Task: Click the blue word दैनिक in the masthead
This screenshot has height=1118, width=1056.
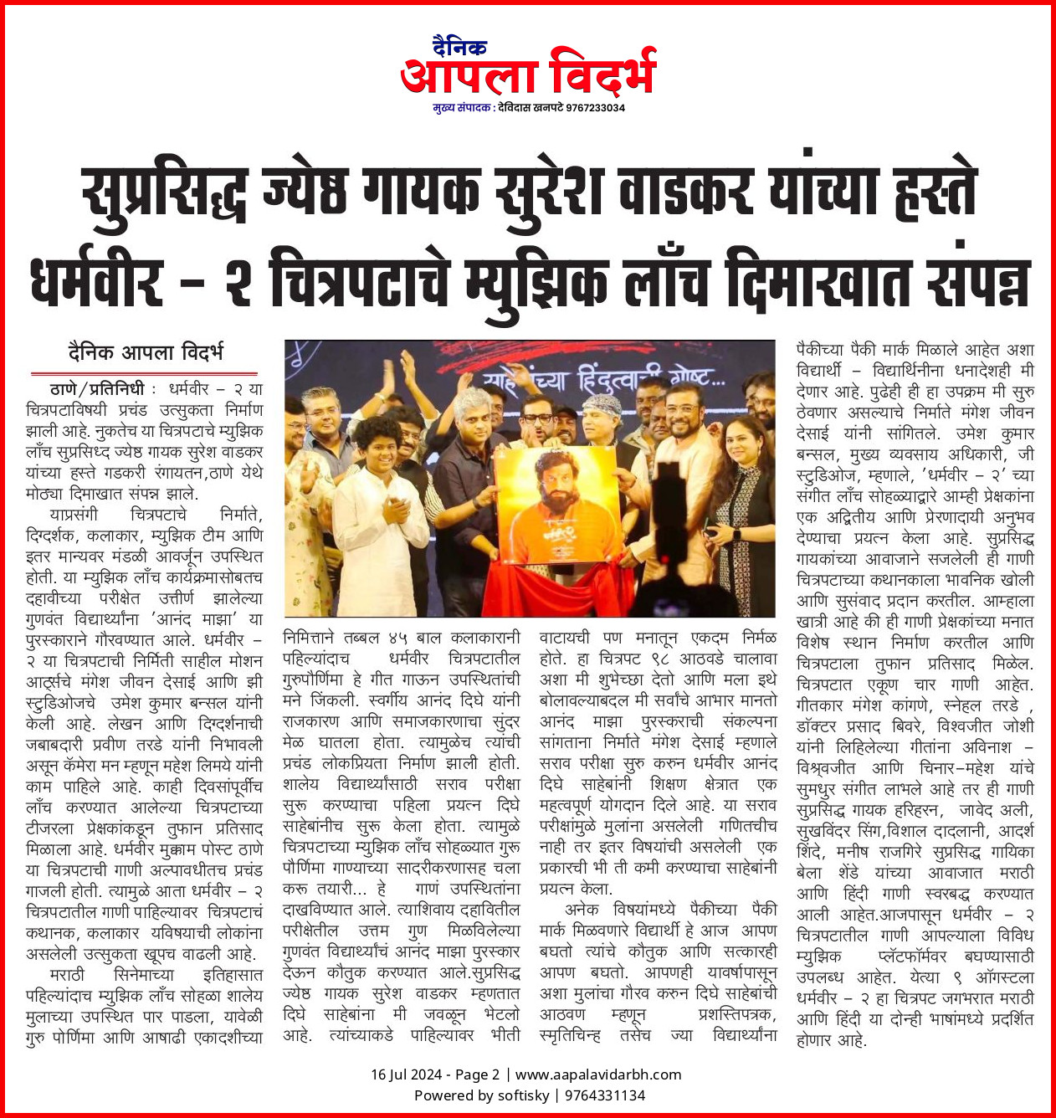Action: [x=459, y=47]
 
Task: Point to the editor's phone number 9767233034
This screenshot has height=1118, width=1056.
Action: [x=595, y=108]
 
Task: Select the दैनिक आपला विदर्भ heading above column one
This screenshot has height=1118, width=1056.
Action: [x=146, y=353]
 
